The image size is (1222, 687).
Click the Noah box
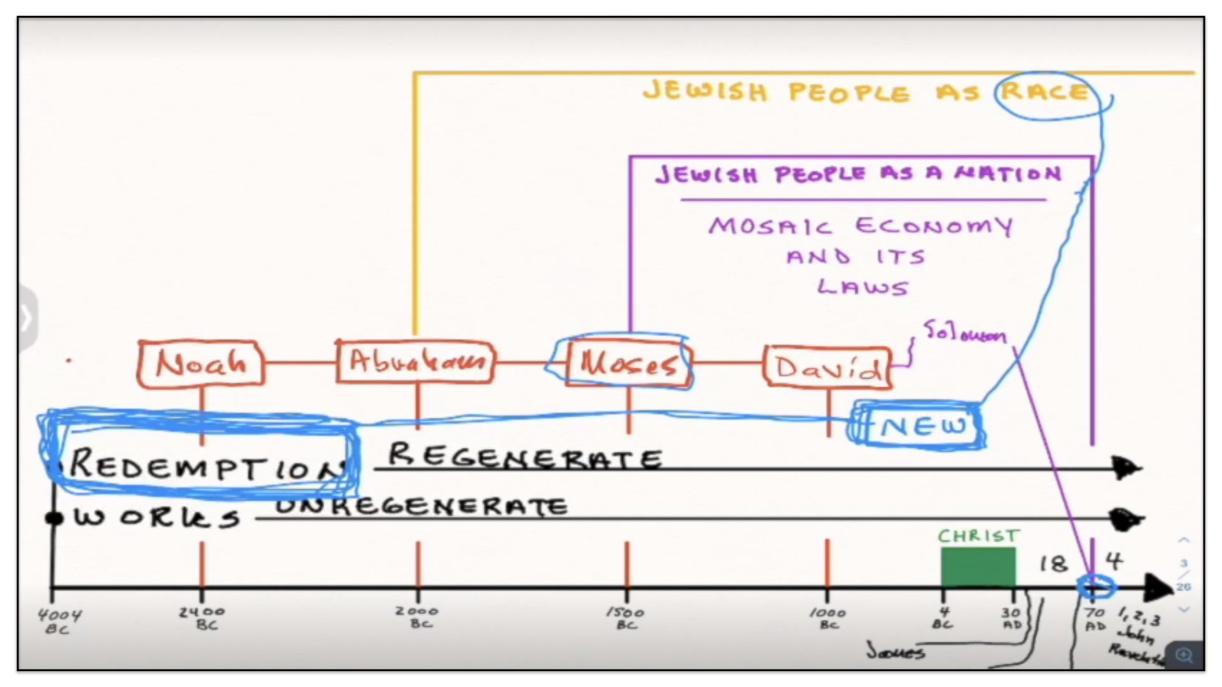click(200, 363)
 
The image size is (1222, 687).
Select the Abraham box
click(416, 362)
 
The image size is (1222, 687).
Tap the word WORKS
click(157, 518)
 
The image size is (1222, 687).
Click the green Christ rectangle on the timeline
click(978, 567)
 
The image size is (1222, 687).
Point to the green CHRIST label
click(978, 536)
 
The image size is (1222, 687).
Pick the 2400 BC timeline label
click(202, 618)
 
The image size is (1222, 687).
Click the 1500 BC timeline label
click(626, 618)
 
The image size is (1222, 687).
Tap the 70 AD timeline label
click(1095, 618)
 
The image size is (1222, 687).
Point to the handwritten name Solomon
click(965, 332)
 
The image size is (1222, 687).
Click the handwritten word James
click(895, 651)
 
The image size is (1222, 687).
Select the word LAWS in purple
click(862, 288)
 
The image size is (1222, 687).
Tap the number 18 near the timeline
click(1053, 564)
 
